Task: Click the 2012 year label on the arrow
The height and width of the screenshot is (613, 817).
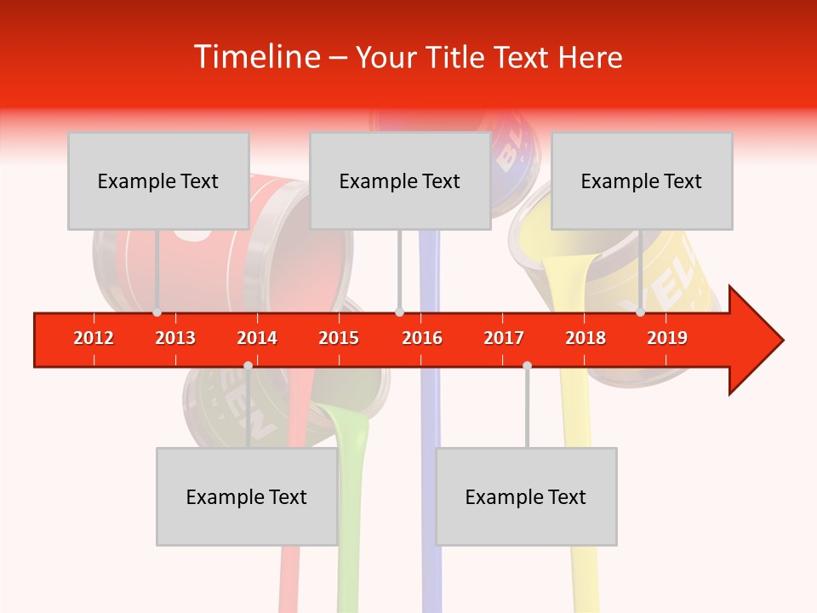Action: [94, 338]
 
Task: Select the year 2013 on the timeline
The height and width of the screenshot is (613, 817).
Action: [175, 338]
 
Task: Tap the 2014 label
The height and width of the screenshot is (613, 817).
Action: [257, 338]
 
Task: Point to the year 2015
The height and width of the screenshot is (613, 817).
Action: [339, 338]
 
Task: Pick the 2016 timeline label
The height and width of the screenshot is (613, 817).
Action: [422, 338]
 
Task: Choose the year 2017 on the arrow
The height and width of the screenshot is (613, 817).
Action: [504, 338]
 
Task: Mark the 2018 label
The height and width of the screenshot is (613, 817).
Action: [586, 338]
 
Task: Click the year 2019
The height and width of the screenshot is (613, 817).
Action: [667, 338]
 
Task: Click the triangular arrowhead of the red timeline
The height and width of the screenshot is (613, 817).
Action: [754, 341]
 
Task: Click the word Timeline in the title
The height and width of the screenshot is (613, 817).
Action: [255, 57]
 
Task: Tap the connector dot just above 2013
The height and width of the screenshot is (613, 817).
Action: [157, 312]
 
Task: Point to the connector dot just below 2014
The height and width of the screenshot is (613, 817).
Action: [248, 365]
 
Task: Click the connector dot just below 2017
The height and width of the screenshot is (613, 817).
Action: [527, 365]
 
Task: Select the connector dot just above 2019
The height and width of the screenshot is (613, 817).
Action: [640, 312]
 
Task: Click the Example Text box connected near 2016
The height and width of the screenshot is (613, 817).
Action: [400, 180]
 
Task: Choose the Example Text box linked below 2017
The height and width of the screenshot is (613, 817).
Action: [526, 496]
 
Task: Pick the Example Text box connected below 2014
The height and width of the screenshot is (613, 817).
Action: [247, 496]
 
